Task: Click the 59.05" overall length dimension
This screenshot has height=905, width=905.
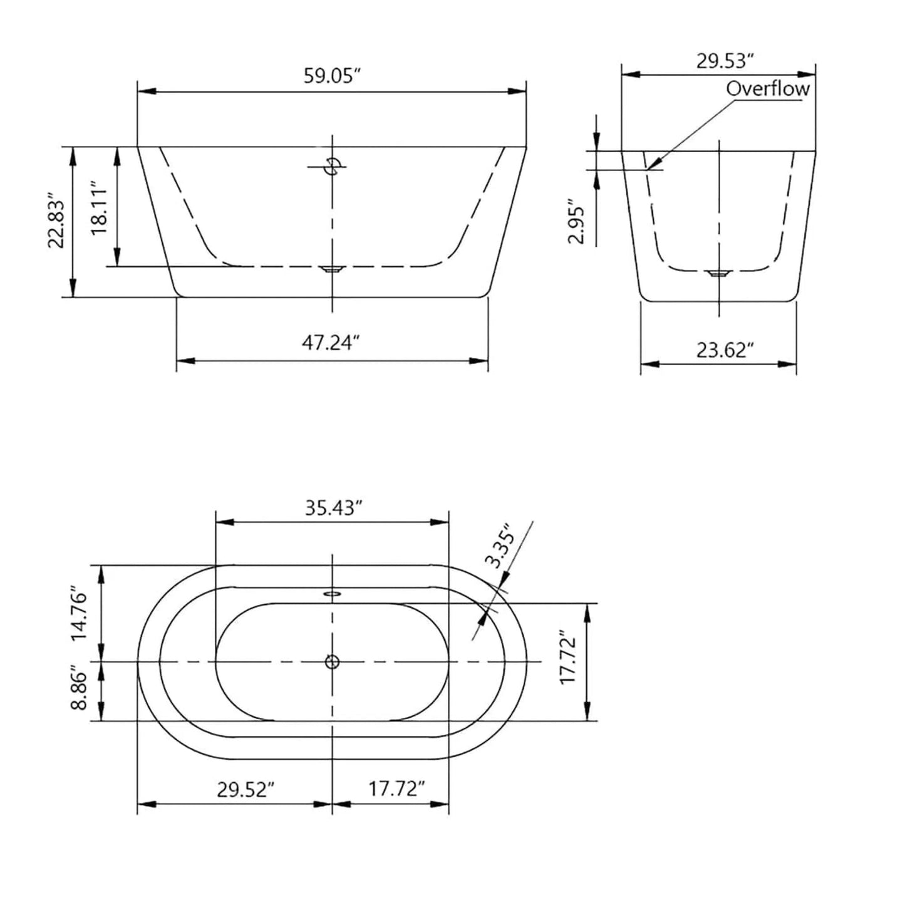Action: (x=333, y=76)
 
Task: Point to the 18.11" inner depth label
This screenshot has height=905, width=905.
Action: (x=100, y=208)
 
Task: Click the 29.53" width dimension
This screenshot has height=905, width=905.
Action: (x=725, y=61)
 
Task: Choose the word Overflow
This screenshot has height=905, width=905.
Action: (x=767, y=89)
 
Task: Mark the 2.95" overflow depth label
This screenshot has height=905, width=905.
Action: (x=576, y=222)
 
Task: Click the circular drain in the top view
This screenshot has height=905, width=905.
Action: (x=332, y=661)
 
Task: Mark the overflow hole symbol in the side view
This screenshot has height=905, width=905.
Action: (x=332, y=167)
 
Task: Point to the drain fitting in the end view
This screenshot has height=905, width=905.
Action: (x=719, y=273)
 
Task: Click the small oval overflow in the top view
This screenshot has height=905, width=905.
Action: (x=332, y=593)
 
